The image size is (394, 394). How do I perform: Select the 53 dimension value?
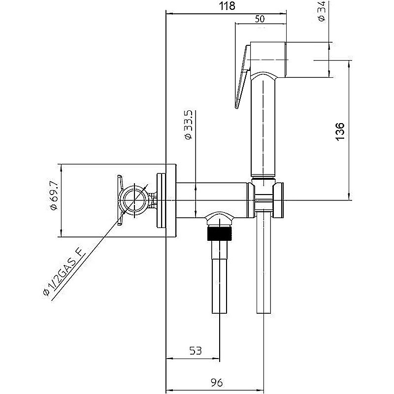pos(195,351)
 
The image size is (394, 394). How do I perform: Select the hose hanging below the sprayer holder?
pos(264,266)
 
